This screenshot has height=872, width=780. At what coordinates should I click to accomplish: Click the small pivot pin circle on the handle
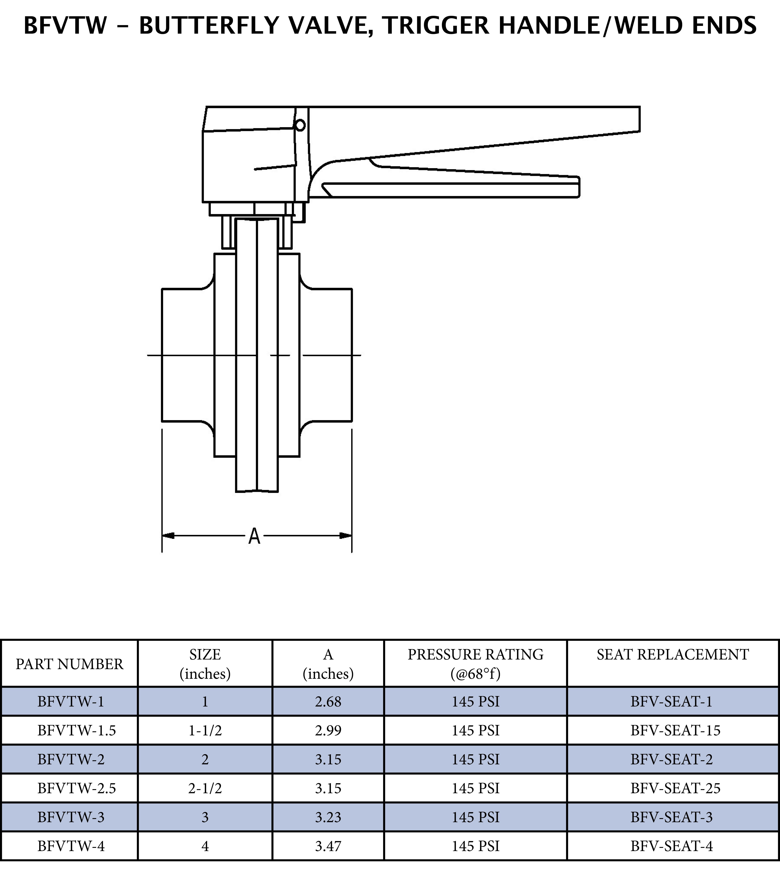coord(300,125)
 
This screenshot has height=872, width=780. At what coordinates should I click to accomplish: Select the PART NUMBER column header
coord(69,664)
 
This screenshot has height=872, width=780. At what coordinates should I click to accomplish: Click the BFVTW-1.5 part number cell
coord(77,730)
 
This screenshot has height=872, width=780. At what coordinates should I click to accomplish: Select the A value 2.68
coord(328,701)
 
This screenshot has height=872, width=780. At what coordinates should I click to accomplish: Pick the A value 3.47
coord(328,846)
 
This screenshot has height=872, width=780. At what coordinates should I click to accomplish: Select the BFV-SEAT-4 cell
coord(672,846)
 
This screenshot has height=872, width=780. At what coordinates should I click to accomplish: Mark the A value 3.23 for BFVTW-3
coord(328,817)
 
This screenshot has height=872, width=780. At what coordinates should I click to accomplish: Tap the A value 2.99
coord(328,730)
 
